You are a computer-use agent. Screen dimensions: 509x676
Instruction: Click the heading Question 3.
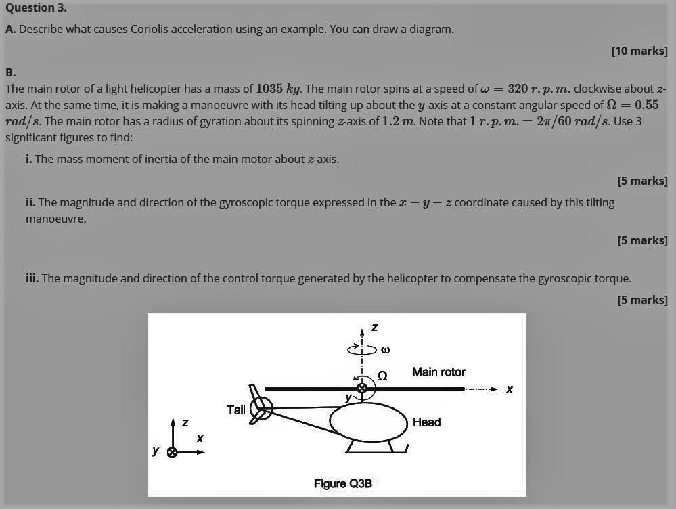tap(36, 8)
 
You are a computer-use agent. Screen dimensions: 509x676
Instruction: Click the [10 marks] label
tap(639, 51)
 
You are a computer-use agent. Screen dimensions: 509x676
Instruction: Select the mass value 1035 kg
tap(279, 89)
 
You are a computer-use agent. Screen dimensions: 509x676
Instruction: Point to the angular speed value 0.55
tap(646, 105)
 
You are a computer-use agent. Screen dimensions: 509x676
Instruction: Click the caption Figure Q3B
tap(342, 483)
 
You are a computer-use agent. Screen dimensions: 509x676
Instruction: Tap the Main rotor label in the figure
tap(438, 372)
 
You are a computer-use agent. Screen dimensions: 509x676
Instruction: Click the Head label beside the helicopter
tap(426, 422)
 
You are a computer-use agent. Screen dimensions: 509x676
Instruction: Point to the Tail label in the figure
tap(236, 410)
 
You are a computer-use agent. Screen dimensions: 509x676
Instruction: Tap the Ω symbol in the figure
tap(382, 376)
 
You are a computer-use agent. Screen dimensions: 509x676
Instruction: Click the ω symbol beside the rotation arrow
tap(386, 350)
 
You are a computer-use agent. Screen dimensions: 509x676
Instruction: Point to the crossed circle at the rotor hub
tap(362, 388)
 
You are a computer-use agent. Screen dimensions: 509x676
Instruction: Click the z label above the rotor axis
tap(375, 328)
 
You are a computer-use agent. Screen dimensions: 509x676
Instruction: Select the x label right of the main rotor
tap(510, 389)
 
